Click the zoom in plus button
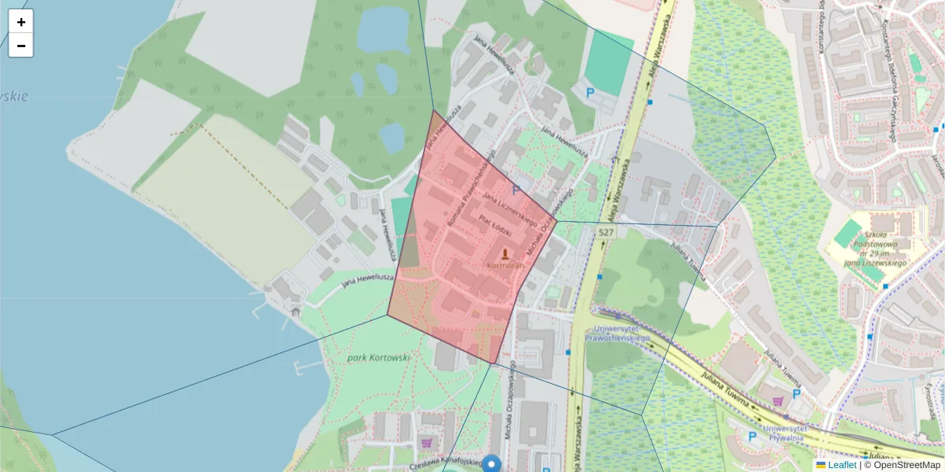tap(20, 22)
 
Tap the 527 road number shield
tap(605, 232)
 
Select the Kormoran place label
tap(505, 266)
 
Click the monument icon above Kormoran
tap(505, 253)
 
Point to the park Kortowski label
tap(378, 358)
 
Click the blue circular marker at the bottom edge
tap(492, 464)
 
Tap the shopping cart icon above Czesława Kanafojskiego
tap(426, 442)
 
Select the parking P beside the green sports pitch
tap(591, 92)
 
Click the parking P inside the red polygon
tap(517, 190)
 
